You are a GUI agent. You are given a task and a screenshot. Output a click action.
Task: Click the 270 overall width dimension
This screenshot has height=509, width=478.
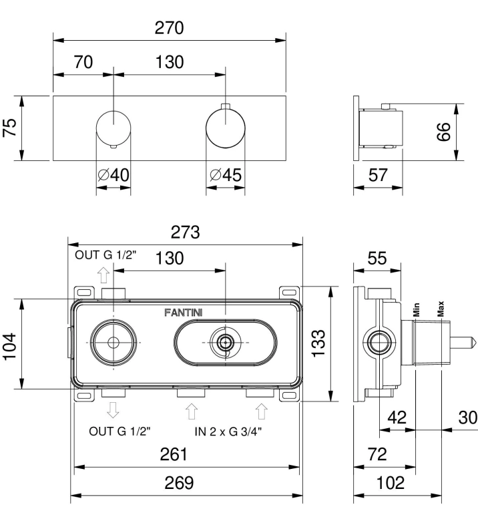[169, 28]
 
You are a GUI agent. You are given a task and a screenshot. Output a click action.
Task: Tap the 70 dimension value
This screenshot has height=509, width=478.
[83, 62]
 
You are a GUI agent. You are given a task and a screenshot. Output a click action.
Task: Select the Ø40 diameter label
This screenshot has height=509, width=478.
[113, 175]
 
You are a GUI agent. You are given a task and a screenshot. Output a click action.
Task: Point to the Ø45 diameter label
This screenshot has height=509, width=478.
[226, 175]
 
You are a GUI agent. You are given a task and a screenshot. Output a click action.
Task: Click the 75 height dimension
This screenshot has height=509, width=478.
[10, 128]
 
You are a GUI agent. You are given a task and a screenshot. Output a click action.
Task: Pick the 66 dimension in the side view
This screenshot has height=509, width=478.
[443, 132]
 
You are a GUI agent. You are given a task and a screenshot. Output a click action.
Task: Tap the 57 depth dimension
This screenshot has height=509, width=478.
[378, 175]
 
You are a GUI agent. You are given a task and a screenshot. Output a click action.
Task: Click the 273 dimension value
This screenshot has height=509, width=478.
[186, 232]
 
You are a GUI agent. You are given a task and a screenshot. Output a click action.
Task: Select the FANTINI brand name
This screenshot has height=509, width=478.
[184, 313]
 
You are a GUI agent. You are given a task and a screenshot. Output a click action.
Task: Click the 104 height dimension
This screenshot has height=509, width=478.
[10, 346]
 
